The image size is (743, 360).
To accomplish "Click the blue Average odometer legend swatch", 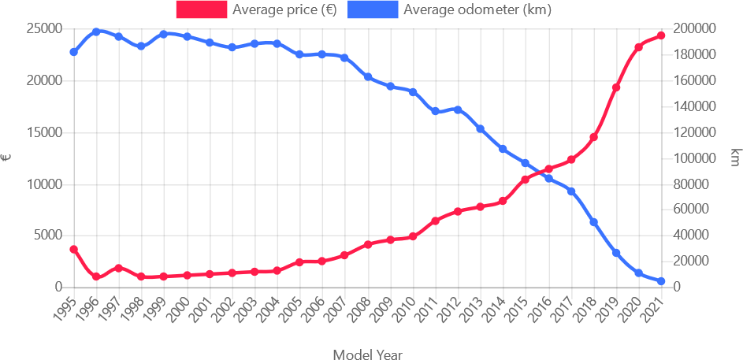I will [x=374, y=10].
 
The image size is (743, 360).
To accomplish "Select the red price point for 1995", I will [x=73, y=250].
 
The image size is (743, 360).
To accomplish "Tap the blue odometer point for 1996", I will [x=96, y=32].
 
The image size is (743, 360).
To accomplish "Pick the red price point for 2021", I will [x=661, y=35].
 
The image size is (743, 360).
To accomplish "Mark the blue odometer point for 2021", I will [x=661, y=281].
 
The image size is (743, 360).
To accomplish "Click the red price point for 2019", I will [x=616, y=87].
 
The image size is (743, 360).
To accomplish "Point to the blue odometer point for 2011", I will [x=435, y=111].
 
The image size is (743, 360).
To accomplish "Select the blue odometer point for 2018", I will [x=593, y=222].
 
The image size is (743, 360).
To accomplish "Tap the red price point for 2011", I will [x=435, y=221].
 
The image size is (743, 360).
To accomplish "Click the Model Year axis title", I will [x=367, y=354].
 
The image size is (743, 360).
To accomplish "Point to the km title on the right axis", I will [x=734, y=158].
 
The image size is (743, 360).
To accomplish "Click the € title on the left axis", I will [x=7, y=158].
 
